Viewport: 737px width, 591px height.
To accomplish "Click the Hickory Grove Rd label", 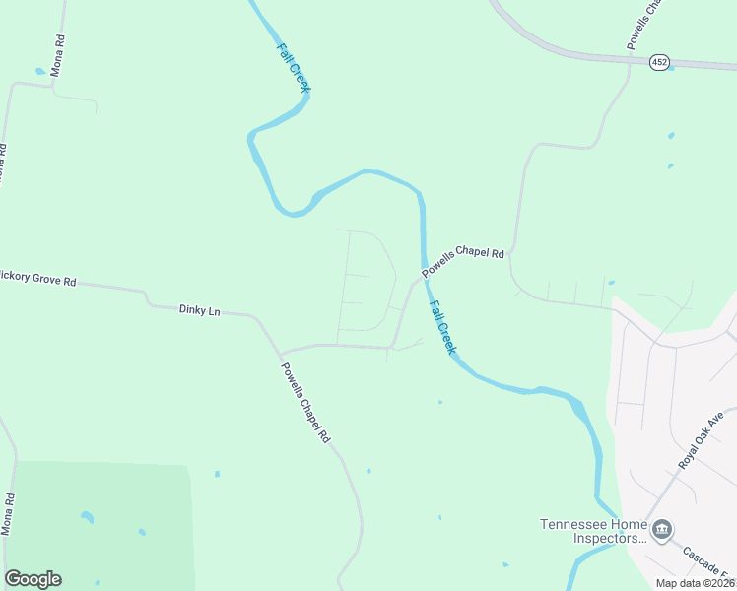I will (37, 279).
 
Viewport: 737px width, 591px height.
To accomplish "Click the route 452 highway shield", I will (659, 62).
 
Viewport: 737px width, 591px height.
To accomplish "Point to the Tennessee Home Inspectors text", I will (592, 531).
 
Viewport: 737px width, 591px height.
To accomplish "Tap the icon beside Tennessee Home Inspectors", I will (662, 531).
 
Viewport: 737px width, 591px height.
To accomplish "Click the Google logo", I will (33, 579).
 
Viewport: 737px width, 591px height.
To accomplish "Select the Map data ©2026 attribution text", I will (696, 583).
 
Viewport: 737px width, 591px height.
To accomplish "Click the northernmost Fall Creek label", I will (294, 67).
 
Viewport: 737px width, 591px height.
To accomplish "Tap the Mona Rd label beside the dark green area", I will (8, 514).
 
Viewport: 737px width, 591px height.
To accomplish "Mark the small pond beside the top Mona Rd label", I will (39, 71).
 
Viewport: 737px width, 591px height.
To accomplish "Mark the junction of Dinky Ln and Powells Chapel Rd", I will (260, 319).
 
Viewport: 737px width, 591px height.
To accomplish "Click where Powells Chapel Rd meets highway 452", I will (629, 61).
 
